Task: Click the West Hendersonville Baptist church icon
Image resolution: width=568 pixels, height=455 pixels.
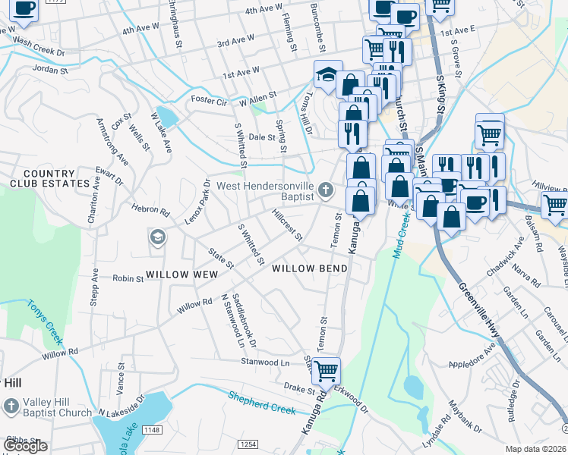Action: click(x=327, y=190)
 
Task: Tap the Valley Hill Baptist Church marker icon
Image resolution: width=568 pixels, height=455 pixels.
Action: click(x=11, y=406)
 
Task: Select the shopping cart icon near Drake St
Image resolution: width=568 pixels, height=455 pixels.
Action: click(x=326, y=372)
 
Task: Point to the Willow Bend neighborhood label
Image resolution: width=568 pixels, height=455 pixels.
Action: click(x=310, y=268)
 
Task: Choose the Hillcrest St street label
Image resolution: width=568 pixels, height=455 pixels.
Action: click(x=287, y=225)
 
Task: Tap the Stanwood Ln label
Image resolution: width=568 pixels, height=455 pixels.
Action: click(x=266, y=363)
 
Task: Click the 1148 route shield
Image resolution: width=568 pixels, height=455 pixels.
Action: click(x=152, y=430)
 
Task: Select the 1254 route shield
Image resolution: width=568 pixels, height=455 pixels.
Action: click(x=248, y=444)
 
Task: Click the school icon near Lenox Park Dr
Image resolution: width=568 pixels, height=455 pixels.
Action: click(x=158, y=237)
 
